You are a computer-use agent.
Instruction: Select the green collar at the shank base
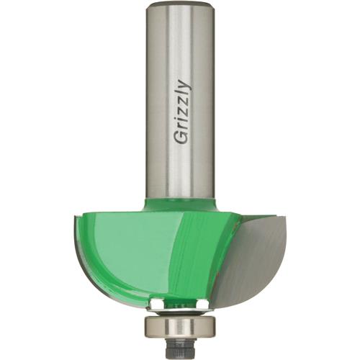pos(180,202)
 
